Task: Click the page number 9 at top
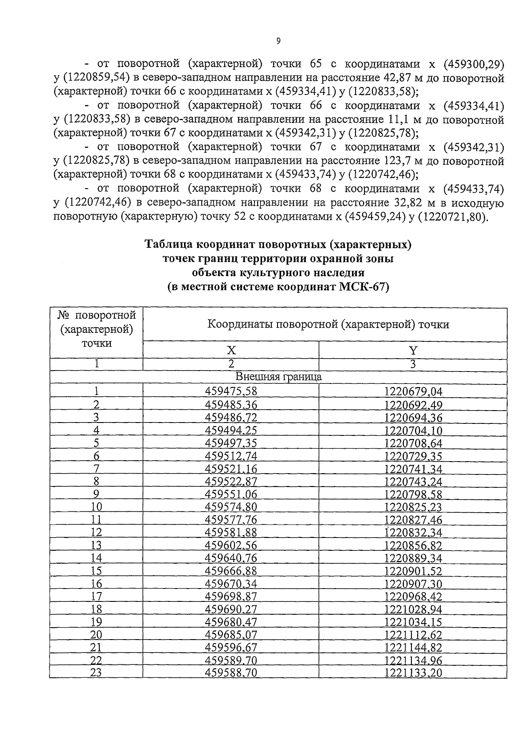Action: (x=278, y=41)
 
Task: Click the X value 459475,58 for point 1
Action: (x=231, y=391)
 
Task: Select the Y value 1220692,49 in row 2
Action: (x=413, y=404)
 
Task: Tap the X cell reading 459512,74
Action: (x=231, y=456)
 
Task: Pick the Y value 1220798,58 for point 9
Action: (x=413, y=494)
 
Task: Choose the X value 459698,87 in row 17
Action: (x=231, y=596)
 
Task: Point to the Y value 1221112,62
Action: (x=413, y=635)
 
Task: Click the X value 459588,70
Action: (x=231, y=672)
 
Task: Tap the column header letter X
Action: (x=231, y=351)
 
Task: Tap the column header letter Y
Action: (x=413, y=351)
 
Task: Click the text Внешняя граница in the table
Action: (x=278, y=377)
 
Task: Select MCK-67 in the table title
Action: (x=364, y=287)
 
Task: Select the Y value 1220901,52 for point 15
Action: (x=413, y=571)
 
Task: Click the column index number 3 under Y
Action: (x=413, y=364)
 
